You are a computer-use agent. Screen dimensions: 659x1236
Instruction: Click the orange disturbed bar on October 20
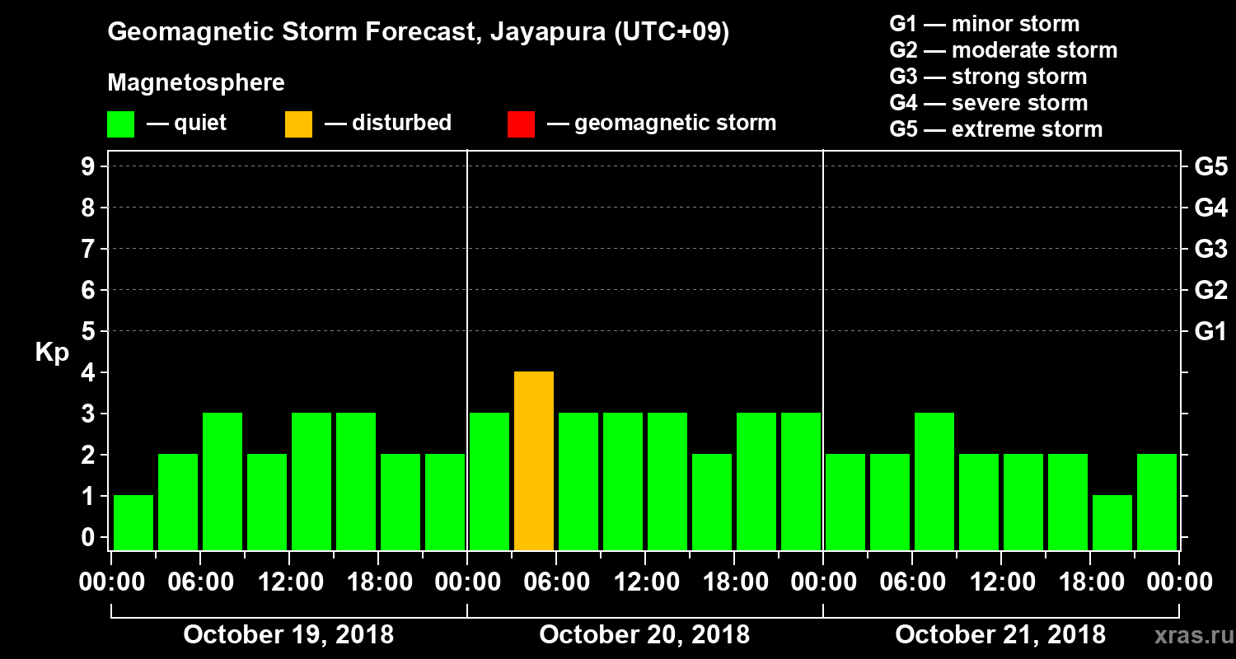tap(534, 461)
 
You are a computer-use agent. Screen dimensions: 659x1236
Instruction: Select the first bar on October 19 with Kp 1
tap(133, 522)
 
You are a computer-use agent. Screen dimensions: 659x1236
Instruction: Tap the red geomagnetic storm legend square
tap(522, 124)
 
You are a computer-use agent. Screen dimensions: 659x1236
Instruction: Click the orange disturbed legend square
tap(298, 124)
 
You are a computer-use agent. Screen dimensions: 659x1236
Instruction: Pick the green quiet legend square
tap(120, 124)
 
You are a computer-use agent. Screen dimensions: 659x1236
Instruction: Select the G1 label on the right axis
tap(1210, 332)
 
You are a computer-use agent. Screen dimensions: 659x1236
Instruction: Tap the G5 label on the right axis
tap(1210, 167)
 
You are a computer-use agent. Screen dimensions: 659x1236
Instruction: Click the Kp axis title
tap(52, 353)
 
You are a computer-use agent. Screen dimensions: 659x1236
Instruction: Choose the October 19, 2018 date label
tap(288, 635)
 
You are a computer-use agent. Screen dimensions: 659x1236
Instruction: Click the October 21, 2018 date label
tap(1000, 635)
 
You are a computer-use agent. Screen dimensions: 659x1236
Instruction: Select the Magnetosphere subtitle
tap(196, 83)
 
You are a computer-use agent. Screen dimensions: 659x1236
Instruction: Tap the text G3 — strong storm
tap(988, 77)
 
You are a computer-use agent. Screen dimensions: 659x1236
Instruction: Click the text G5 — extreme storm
tap(995, 129)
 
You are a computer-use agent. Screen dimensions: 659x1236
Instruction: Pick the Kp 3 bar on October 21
tap(934, 481)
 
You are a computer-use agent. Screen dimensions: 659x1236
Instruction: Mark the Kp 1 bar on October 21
tap(1112, 522)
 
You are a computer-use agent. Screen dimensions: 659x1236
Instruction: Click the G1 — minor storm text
tap(984, 24)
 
